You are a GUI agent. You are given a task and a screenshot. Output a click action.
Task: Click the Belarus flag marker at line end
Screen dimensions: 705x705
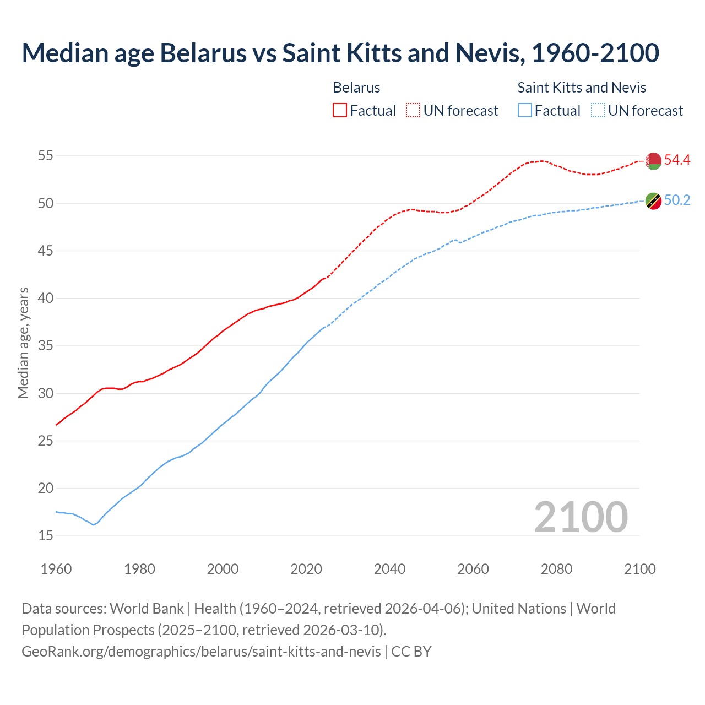point(653,161)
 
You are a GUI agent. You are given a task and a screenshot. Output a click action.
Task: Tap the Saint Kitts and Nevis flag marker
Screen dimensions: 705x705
point(653,201)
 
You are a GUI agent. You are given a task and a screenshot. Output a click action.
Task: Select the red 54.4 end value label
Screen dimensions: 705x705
point(677,160)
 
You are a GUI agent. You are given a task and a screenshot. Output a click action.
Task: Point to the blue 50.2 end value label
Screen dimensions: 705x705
point(677,200)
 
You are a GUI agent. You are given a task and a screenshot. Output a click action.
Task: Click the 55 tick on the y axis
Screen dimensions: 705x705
point(45,156)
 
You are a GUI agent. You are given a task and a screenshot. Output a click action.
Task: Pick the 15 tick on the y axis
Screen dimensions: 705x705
point(45,535)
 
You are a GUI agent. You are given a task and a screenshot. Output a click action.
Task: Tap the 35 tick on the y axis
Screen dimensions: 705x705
point(45,346)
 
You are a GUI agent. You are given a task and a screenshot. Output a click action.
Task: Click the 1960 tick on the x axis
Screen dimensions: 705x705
point(56,569)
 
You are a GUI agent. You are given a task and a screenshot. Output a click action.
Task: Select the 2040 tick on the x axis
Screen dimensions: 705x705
point(389,569)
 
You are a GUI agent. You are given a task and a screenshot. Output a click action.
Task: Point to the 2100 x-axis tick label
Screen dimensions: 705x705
point(639,569)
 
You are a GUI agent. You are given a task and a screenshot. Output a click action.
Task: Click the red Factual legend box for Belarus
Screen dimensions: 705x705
point(340,111)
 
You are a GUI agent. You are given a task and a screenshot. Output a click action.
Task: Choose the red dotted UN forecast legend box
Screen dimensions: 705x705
point(413,111)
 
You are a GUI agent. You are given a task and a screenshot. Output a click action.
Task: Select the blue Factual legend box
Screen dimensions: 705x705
point(525,111)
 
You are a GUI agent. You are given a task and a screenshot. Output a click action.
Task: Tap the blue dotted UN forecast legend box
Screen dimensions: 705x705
point(598,111)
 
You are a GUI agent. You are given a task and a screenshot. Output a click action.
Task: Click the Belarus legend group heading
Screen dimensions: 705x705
point(356,88)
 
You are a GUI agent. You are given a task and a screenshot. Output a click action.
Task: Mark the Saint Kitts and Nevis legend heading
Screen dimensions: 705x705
point(582,88)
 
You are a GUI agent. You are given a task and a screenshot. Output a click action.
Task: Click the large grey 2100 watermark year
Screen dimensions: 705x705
point(581,517)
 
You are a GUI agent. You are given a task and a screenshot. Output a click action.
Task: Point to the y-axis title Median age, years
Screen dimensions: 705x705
point(23,343)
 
